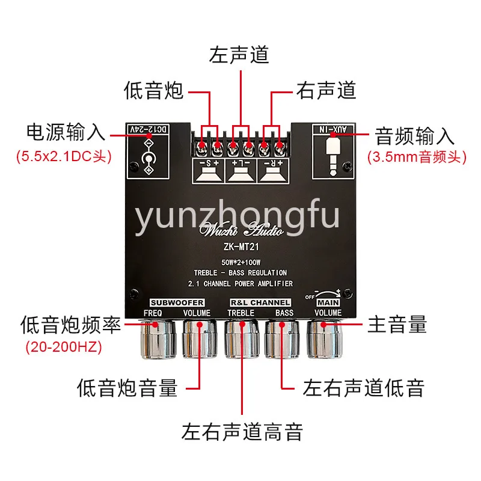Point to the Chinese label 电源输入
coord(66,133)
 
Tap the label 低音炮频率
coord(70,325)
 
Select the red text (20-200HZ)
coord(63,348)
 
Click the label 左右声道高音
coord(242,431)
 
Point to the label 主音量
coord(397,325)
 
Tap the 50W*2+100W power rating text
coord(240,262)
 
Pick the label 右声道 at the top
coord(326,91)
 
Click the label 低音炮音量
coord(127,388)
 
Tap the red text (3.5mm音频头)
coord(417,158)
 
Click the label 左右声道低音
coord(364,388)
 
